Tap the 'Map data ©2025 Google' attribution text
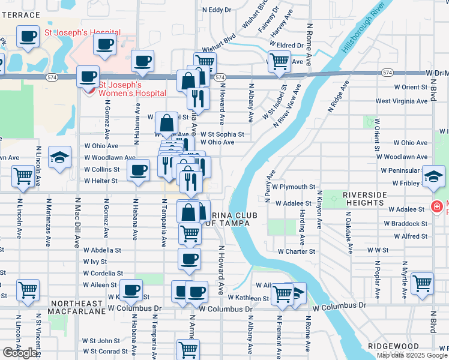412,355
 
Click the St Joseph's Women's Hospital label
132,89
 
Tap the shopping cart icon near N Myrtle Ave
423,282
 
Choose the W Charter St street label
296,251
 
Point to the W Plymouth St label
294,187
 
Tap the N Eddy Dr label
217,10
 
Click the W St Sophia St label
222,134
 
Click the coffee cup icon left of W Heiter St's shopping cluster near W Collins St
139,170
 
